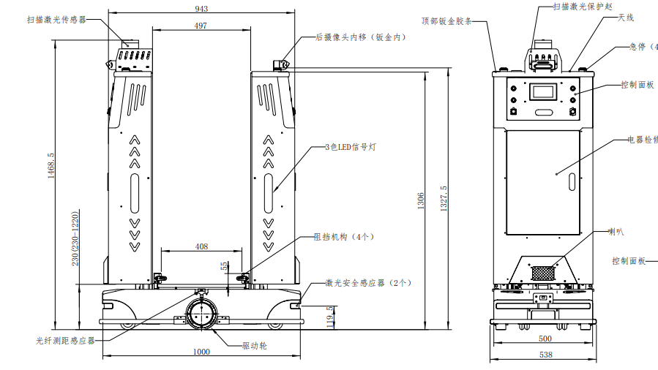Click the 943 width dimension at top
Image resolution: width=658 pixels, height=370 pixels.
pyautogui.click(x=202, y=9)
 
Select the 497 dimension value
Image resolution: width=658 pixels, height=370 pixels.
pyautogui.click(x=201, y=26)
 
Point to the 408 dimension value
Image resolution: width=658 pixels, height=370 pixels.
pyautogui.click(x=201, y=246)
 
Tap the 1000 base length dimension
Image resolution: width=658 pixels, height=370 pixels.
pyautogui.click(x=201, y=352)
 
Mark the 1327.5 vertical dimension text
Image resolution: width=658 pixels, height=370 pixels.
pyautogui.click(x=443, y=198)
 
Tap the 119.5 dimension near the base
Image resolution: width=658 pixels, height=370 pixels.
pyautogui.click(x=330, y=317)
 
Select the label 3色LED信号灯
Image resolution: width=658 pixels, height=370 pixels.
pyautogui.click(x=351, y=147)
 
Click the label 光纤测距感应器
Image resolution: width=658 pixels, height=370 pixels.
pyautogui.click(x=66, y=340)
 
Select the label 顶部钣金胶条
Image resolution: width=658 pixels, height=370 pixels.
pyautogui.click(x=452, y=20)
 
